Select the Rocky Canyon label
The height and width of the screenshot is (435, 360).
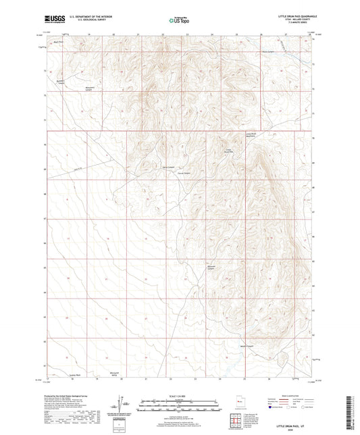coord(269,51)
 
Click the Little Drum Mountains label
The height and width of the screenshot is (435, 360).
coord(250,136)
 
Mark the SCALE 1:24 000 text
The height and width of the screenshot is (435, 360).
coord(180,396)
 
